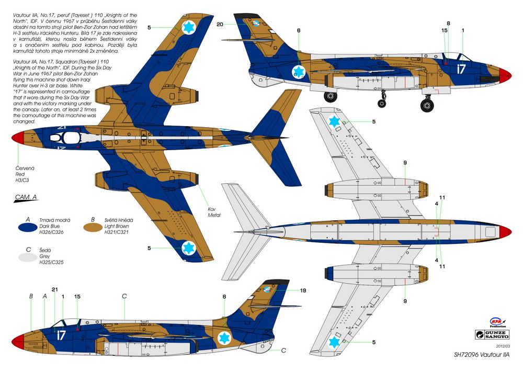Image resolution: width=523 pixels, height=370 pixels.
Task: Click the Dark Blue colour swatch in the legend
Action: (x=27, y=227)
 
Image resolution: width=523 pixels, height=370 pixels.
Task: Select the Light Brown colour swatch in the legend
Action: (x=93, y=227)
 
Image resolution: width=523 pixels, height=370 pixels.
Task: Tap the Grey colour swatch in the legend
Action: (x=27, y=257)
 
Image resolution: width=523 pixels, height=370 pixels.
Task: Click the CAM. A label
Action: (x=26, y=197)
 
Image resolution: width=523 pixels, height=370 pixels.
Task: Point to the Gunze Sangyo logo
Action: (x=492, y=334)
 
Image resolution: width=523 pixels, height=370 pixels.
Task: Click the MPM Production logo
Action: (x=498, y=322)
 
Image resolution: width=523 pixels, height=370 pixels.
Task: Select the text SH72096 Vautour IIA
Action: (x=482, y=355)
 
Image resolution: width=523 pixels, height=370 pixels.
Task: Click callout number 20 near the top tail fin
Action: (x=220, y=25)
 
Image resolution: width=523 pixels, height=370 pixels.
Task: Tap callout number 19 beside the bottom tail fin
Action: (x=303, y=290)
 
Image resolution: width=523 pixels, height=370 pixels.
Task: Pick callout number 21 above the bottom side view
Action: (x=55, y=289)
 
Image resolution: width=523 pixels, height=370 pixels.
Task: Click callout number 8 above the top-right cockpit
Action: (x=448, y=24)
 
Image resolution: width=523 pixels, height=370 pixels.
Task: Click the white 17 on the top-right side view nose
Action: (x=461, y=69)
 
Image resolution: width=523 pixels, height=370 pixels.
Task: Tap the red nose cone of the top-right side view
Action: (x=505, y=75)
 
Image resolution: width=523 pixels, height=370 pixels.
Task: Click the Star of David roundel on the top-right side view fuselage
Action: (x=299, y=72)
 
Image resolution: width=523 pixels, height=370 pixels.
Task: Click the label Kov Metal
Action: (x=214, y=212)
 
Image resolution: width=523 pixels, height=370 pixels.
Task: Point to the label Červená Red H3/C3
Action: (x=25, y=174)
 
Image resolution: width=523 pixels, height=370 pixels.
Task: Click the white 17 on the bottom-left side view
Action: (x=61, y=335)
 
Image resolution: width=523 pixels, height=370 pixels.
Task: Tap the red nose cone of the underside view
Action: (x=505, y=231)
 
